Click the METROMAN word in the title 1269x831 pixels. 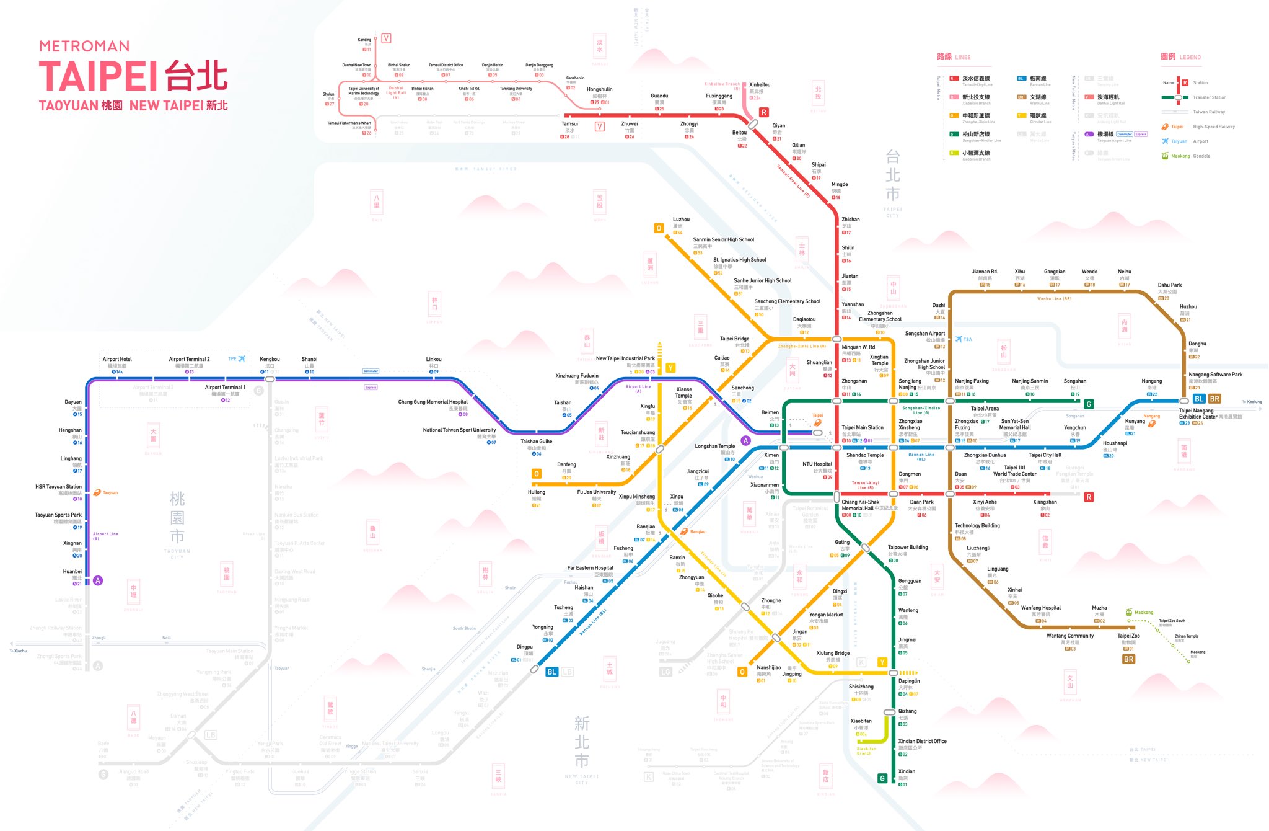tap(84, 47)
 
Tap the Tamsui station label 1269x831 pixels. tap(569, 124)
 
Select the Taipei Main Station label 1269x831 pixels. tap(863, 427)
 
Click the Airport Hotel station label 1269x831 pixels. tap(117, 360)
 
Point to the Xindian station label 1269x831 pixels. tap(907, 771)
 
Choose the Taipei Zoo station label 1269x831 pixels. tap(1128, 636)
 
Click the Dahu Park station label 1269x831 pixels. tap(1170, 285)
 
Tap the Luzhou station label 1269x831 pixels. tap(681, 220)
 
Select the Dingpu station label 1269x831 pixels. tap(525, 647)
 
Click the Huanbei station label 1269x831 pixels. tap(72, 572)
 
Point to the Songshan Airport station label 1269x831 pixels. tap(925, 334)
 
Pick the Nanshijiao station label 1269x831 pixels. tap(769, 667)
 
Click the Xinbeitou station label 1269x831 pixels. tap(760, 85)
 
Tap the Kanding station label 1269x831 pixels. tap(364, 40)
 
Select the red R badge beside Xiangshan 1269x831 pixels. tap(1089, 497)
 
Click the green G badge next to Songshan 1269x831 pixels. tap(1089, 404)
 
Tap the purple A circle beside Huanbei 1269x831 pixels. tap(98, 580)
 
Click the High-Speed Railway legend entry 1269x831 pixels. tap(1213, 127)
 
